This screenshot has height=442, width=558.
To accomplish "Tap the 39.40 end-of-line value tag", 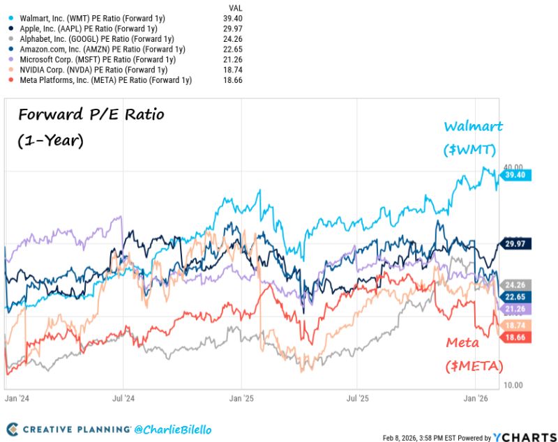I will click(x=517, y=176).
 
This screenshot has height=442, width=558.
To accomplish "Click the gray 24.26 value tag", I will click(x=517, y=284).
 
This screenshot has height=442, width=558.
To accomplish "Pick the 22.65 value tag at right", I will click(x=517, y=296).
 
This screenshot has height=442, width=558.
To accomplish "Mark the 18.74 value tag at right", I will click(x=517, y=325).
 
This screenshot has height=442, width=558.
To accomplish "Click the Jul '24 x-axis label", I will click(x=123, y=399).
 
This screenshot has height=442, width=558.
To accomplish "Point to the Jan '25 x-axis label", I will click(x=241, y=399).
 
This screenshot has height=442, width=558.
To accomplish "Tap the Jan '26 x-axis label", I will click(x=476, y=399).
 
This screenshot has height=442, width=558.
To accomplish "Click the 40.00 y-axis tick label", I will click(x=514, y=167).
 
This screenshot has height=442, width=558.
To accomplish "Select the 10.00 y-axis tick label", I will click(x=514, y=384).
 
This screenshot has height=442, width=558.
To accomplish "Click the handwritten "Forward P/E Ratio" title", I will click(x=91, y=114).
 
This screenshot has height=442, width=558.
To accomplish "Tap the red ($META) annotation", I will click(x=474, y=365).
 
